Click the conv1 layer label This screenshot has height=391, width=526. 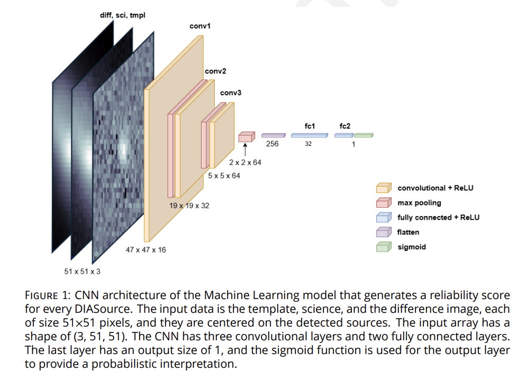pos(200,26)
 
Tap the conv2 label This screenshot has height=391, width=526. pos(215,71)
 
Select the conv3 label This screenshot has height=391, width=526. pos(231,93)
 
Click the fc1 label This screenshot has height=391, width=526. pos(310,126)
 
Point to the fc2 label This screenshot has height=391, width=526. pos(344,126)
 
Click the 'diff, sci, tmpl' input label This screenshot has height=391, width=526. pos(122,15)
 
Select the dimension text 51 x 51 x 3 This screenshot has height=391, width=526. pos(82,272)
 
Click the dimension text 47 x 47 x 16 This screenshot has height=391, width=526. pos(146,249)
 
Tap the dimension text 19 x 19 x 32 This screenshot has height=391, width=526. pos(189,205)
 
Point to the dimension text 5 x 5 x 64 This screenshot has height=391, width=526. pos(224,175)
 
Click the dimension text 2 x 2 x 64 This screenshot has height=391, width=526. pos(245,162)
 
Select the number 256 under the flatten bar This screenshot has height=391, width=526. pos(273,144)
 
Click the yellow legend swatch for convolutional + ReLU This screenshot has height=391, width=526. pos(384,188)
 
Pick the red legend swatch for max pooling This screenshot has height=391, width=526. pos(384,203)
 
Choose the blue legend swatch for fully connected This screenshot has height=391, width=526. pos(384,218)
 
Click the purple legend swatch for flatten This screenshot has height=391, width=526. pos(384,232)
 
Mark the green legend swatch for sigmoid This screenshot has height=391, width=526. pos(384,247)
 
